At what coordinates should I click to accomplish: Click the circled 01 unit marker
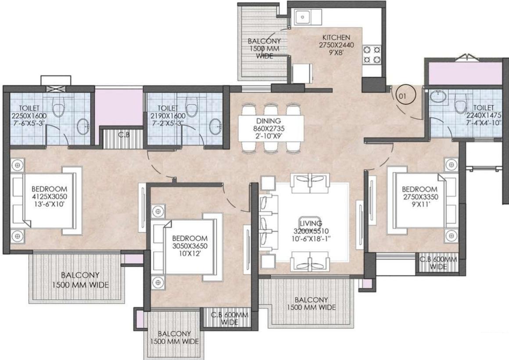click(x=402, y=95)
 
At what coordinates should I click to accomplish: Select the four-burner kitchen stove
click(x=372, y=54)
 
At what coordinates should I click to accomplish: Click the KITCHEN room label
click(x=336, y=37)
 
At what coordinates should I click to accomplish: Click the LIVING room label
click(x=311, y=224)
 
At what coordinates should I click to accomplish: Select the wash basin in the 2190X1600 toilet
click(x=215, y=126)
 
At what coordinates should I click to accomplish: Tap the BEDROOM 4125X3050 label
click(x=49, y=189)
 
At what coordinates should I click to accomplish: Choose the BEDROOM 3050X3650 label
click(x=190, y=239)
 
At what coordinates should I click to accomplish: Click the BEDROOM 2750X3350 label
click(x=420, y=189)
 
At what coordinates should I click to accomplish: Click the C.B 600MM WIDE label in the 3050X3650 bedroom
click(x=230, y=318)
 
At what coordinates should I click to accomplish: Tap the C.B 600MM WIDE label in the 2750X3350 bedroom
click(x=438, y=263)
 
